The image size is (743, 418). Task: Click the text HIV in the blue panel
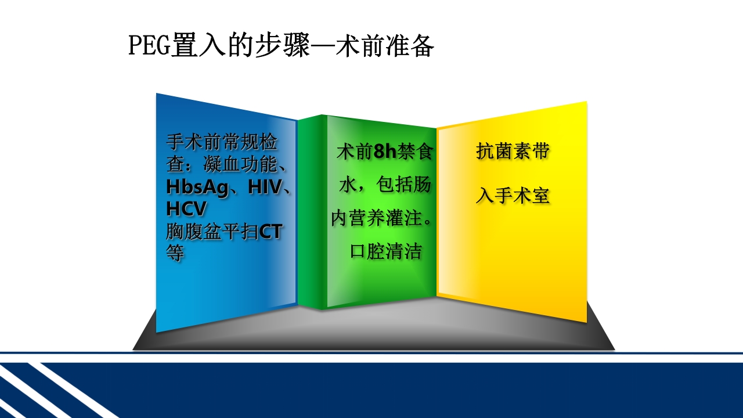coord(265,188)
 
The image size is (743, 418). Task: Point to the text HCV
coord(186,209)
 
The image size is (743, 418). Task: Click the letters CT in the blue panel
coord(270,232)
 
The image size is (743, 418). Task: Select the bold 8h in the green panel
coord(385,153)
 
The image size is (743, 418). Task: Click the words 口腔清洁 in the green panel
coord(386,252)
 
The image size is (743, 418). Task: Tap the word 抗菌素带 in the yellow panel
coord(513,152)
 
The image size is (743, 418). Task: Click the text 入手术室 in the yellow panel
coord(513,196)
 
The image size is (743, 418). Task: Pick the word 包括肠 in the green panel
coord(403,186)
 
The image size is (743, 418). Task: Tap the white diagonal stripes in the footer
coord(46,389)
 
